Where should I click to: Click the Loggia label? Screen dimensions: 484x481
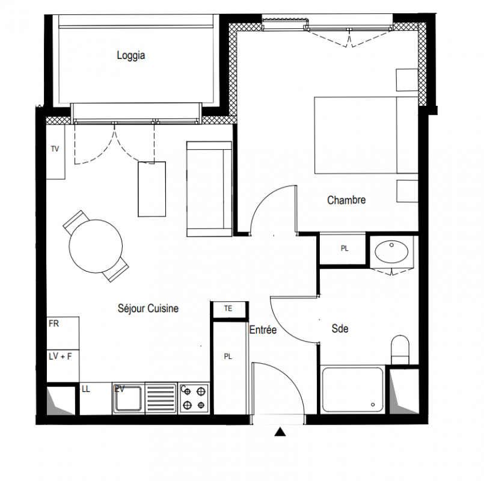(131, 55)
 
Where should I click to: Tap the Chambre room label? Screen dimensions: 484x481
(346, 200)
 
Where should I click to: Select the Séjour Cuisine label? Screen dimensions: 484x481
(148, 308)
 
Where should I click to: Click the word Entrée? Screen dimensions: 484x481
(263, 329)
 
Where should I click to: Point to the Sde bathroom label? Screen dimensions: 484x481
(340, 328)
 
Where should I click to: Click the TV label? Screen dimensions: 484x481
(55, 149)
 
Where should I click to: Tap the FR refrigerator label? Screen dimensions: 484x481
(54, 323)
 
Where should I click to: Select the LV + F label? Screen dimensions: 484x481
(60, 357)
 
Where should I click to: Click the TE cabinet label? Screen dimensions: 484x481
(228, 308)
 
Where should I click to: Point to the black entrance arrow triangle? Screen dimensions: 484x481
(280, 432)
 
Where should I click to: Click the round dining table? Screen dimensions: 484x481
(96, 246)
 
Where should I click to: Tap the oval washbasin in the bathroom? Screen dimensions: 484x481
(391, 251)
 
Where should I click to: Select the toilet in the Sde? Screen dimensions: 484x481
(400, 350)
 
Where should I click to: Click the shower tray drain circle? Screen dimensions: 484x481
(373, 405)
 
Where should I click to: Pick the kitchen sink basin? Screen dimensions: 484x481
(127, 398)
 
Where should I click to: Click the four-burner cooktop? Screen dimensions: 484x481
(194, 398)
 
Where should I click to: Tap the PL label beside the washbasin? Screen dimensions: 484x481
(345, 248)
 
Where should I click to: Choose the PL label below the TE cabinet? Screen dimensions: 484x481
(228, 357)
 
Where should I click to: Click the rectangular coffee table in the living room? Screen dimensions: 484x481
(152, 189)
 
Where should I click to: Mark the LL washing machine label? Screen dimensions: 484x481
(86, 389)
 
